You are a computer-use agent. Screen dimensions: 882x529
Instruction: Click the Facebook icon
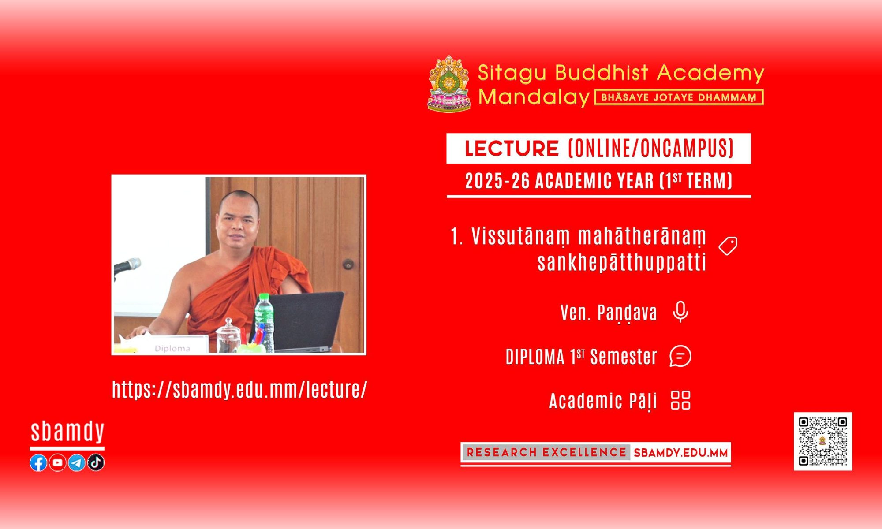[38, 462]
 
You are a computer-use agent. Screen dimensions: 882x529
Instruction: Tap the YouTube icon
[57, 462]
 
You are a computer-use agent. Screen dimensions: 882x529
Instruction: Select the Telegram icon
[77, 462]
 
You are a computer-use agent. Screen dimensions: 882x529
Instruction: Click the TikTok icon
[96, 462]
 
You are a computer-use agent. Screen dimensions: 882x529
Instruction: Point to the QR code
[823, 441]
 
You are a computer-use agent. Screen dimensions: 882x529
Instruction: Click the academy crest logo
[449, 83]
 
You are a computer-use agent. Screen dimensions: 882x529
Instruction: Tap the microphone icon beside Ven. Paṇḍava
[680, 312]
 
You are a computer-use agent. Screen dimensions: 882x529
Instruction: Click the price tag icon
[728, 246]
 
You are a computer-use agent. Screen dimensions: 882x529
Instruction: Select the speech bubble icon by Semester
[680, 356]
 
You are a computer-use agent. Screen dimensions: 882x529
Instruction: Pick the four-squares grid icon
[680, 400]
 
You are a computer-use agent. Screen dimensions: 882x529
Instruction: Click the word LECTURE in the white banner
[512, 149]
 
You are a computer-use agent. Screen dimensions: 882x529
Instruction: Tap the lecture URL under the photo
[239, 390]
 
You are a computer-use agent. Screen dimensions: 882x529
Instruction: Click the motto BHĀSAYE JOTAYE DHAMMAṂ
[679, 97]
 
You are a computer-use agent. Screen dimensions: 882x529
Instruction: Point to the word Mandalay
[534, 97]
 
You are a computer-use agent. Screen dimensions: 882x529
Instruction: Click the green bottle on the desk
[264, 323]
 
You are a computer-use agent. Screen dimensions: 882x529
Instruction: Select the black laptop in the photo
[304, 321]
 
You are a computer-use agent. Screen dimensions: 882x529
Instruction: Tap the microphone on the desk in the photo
[127, 266]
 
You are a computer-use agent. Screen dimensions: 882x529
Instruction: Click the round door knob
[348, 264]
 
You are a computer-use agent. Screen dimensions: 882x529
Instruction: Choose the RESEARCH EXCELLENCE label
[546, 452]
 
